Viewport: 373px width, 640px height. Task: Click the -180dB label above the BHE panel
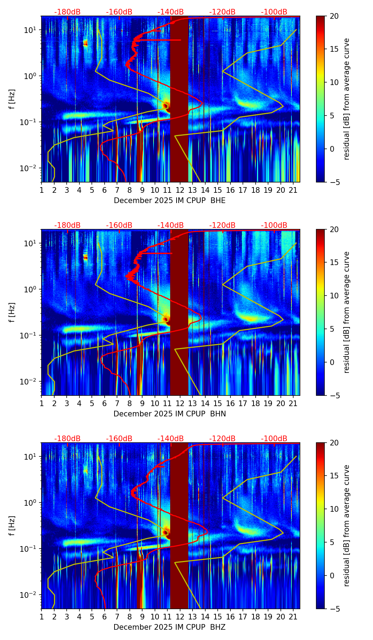tap(67, 12)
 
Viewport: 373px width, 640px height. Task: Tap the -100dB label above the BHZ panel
tap(274, 439)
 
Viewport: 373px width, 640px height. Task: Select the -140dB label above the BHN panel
tap(171, 225)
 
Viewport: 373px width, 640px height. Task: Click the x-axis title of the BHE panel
tap(169, 201)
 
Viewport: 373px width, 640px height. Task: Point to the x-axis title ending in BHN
tap(169, 414)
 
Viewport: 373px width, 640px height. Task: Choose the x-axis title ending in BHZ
tap(169, 627)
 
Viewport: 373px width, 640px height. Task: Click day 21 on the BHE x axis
tap(293, 190)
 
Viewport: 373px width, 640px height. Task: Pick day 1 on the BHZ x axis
tap(41, 617)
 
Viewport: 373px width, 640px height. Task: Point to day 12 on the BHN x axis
tap(180, 403)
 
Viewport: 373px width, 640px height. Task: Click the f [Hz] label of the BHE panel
tap(12, 99)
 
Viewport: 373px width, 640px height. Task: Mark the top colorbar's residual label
tap(347, 99)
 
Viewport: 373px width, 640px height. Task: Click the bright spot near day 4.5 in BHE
tap(85, 43)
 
